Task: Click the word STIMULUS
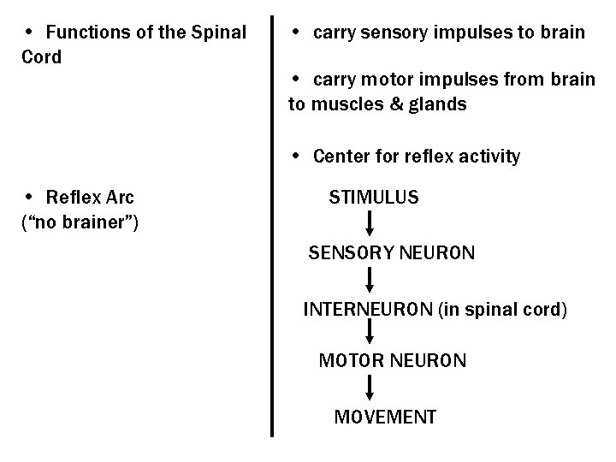pos(374,198)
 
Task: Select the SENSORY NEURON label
pos(391,253)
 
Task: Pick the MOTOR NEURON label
pos(393,360)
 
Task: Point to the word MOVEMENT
pos(385,418)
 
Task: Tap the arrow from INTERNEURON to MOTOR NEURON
pos(370,334)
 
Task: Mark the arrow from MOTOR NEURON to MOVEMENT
pos(370,388)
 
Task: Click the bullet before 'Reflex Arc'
pos(29,198)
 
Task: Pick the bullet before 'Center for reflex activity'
pos(294,156)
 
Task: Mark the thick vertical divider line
pos(272,222)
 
